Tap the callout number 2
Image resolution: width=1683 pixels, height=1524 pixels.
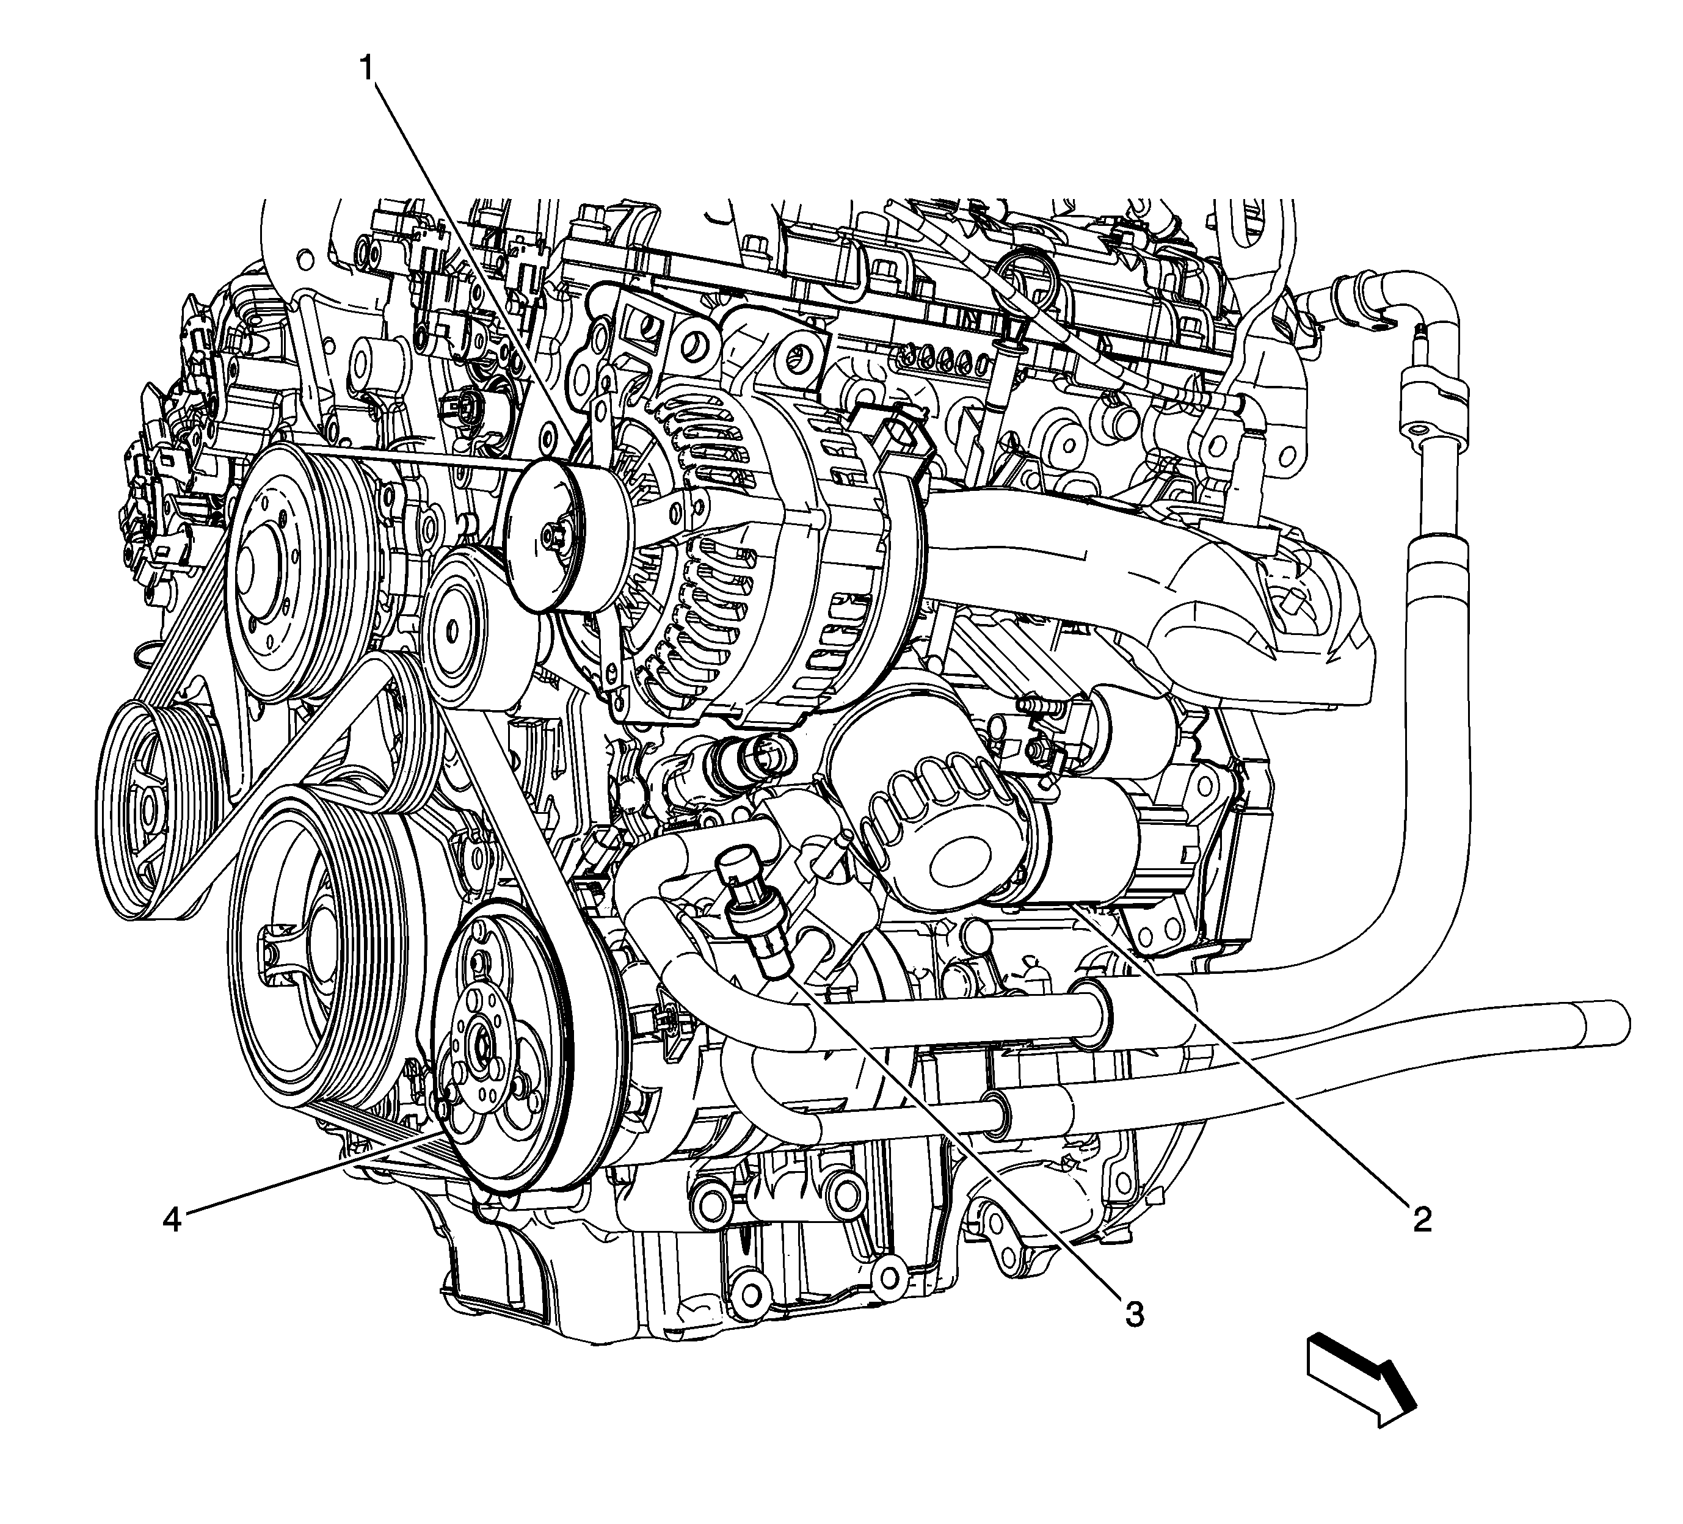1422,1219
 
